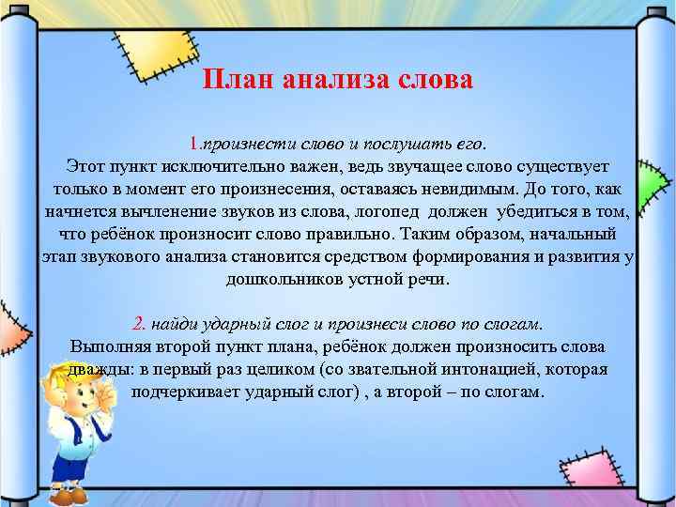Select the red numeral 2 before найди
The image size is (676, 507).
pos(139,324)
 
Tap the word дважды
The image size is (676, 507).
pos(98,369)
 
